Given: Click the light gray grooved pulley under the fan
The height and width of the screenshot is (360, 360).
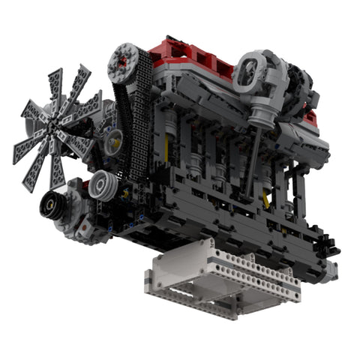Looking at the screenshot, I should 103,187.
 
